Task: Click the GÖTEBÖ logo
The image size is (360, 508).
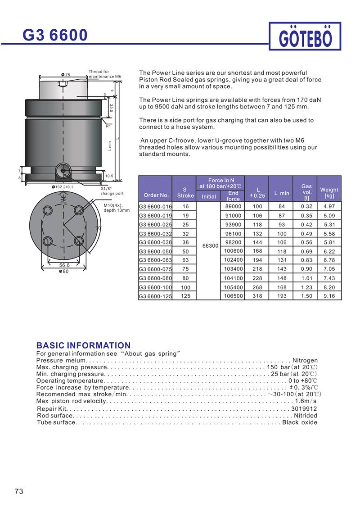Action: (306, 37)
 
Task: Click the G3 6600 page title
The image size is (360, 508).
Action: (56, 35)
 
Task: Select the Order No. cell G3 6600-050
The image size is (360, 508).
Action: (155, 251)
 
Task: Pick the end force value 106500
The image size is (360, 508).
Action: (233, 296)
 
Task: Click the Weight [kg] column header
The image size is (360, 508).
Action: (329, 192)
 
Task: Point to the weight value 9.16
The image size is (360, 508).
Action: (329, 296)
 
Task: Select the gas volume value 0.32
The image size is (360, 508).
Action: (306, 206)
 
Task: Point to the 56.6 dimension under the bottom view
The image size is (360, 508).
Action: (65, 265)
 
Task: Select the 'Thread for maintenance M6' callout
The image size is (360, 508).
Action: (104, 74)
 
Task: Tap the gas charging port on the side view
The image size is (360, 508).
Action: (63, 170)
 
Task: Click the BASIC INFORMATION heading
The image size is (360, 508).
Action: (83, 345)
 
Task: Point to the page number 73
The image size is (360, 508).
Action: (19, 491)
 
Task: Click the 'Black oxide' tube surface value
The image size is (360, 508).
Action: (300, 422)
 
